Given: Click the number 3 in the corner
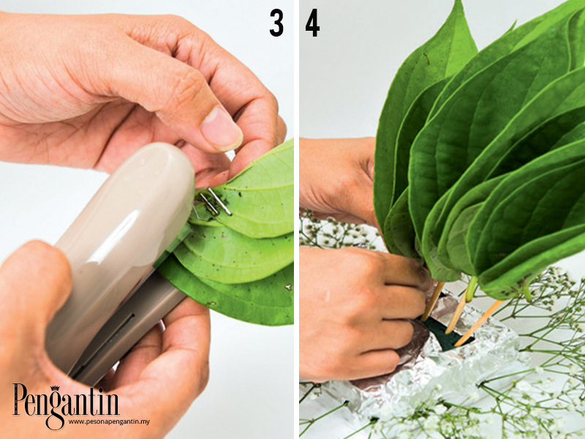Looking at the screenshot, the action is (276, 23).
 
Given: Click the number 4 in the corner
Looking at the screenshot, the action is (312, 23).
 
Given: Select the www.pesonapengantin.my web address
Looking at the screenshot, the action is (109, 421).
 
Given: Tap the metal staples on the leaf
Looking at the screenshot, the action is (211, 203).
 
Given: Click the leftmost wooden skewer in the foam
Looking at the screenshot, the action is (433, 301).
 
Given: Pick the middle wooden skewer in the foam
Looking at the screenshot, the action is (456, 313).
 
